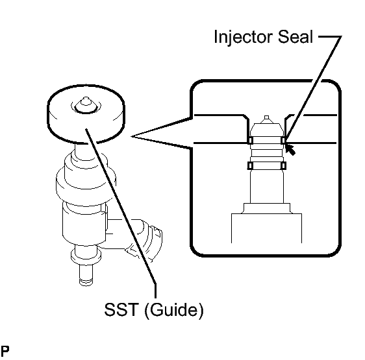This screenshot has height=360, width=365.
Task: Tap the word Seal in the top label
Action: coord(296,37)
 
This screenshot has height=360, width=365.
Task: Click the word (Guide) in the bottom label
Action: coord(174,310)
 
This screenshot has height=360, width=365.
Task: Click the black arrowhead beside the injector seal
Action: coord(290,150)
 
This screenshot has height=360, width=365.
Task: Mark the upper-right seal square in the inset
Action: coord(284,140)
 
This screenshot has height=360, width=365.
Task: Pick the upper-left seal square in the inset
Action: coord(250,140)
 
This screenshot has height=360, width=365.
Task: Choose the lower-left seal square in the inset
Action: coord(250,165)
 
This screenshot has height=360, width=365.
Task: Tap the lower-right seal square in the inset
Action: coord(284,165)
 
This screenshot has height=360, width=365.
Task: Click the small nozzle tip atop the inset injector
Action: coord(267,117)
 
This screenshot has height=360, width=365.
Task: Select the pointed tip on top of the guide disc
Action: coord(86,101)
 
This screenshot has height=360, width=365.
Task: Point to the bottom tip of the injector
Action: coord(86,284)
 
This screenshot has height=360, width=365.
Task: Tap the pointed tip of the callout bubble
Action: coord(131,136)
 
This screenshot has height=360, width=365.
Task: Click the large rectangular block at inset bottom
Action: coord(266,228)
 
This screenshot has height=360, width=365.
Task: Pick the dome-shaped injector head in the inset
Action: coord(267,130)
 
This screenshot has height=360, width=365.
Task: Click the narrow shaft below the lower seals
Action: coord(267,186)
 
